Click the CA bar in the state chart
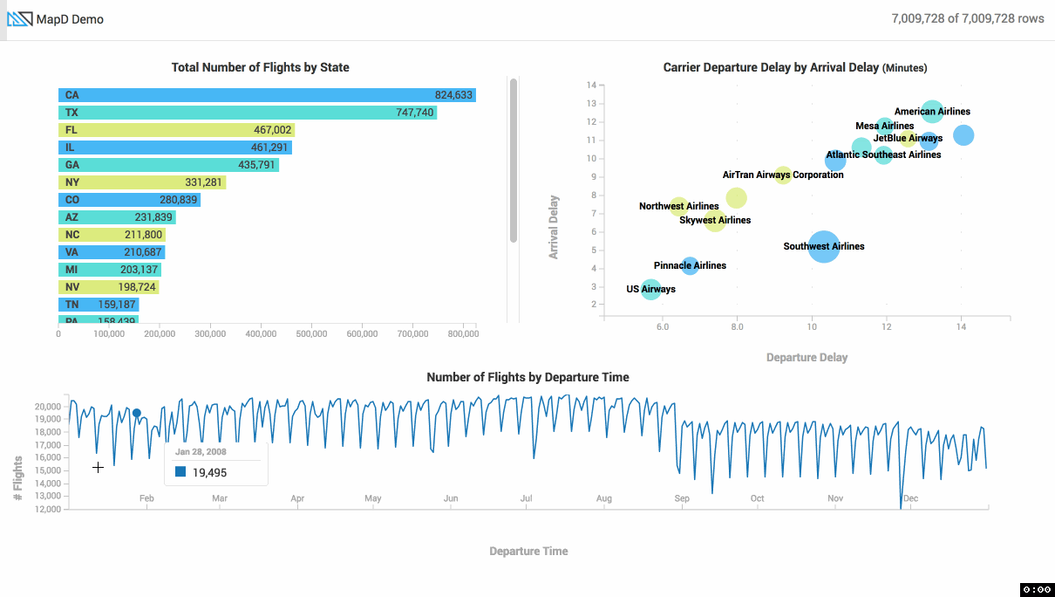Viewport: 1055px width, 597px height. pyautogui.click(x=262, y=95)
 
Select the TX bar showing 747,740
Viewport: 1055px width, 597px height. pyautogui.click(x=244, y=113)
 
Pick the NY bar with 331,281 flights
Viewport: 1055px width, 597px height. pyautogui.click(x=140, y=182)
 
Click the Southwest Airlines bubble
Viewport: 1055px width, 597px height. pyautogui.click(x=824, y=247)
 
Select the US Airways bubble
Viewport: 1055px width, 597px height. pyautogui.click(x=650, y=289)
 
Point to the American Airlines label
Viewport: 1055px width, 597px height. pyautogui.click(x=932, y=112)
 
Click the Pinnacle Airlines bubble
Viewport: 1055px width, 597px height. pyautogui.click(x=690, y=265)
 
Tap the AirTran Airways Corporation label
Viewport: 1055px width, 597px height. pyautogui.click(x=783, y=175)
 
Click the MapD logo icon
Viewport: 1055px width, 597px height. pyautogui.click(x=20, y=19)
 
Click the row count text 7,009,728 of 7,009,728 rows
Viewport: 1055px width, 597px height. pyautogui.click(x=968, y=19)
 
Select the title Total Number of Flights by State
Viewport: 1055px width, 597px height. pyautogui.click(x=260, y=67)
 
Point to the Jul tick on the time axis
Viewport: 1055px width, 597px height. pyautogui.click(x=527, y=499)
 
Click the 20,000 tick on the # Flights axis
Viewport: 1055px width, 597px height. pyautogui.click(x=47, y=407)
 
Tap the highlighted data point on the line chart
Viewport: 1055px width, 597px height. pyautogui.click(x=137, y=413)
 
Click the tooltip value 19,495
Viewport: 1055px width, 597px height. pyautogui.click(x=209, y=472)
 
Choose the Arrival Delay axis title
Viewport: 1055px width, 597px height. pyautogui.click(x=554, y=227)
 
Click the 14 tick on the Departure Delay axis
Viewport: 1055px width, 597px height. pyautogui.click(x=961, y=326)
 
